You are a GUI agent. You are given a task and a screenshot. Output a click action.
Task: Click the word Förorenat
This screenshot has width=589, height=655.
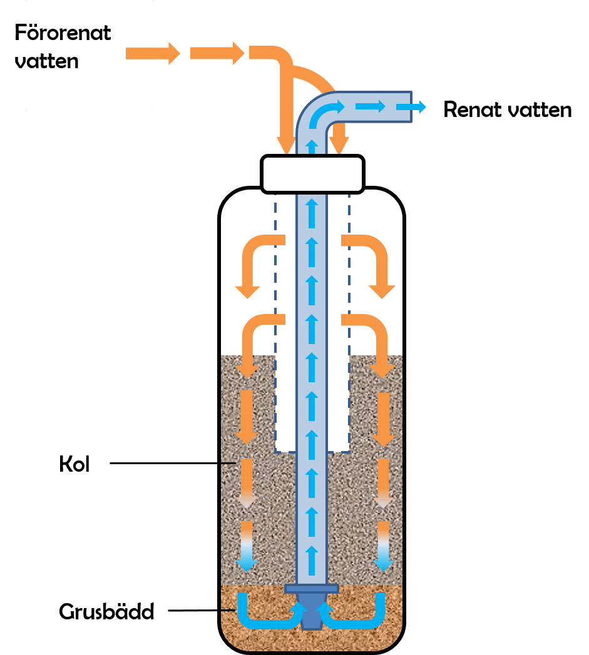pos(63,33)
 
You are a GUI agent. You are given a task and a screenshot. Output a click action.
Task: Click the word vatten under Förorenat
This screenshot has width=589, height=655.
pos(47,61)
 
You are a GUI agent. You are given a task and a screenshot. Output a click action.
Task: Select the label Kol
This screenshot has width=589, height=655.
pos(74,465)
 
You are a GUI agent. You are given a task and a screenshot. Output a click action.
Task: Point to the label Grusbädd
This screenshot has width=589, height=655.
pos(106,611)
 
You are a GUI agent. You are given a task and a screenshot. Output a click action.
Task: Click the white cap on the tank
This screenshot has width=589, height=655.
pos(312,174)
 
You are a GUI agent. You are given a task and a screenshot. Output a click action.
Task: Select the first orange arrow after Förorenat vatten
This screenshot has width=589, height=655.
pos(153,53)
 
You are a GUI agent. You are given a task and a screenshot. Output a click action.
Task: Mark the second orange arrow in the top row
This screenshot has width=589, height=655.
pos(217,53)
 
